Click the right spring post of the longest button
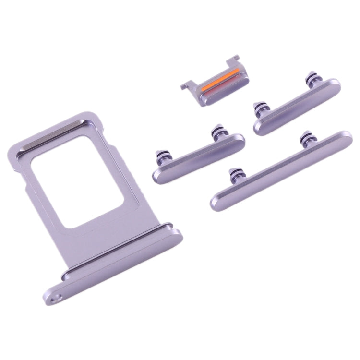304,139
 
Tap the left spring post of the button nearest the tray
159,156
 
